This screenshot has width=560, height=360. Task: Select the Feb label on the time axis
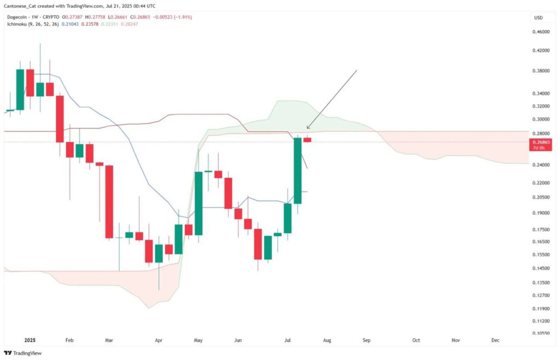69,340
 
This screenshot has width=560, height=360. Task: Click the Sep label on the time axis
366,340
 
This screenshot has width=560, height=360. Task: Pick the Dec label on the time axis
495,340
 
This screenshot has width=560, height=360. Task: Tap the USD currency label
539,18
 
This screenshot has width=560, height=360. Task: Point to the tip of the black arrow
307,129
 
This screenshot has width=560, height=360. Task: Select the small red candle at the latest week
307,140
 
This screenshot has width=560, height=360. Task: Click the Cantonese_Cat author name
22,5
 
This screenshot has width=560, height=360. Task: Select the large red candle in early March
109,201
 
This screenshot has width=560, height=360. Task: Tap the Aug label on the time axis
326,340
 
